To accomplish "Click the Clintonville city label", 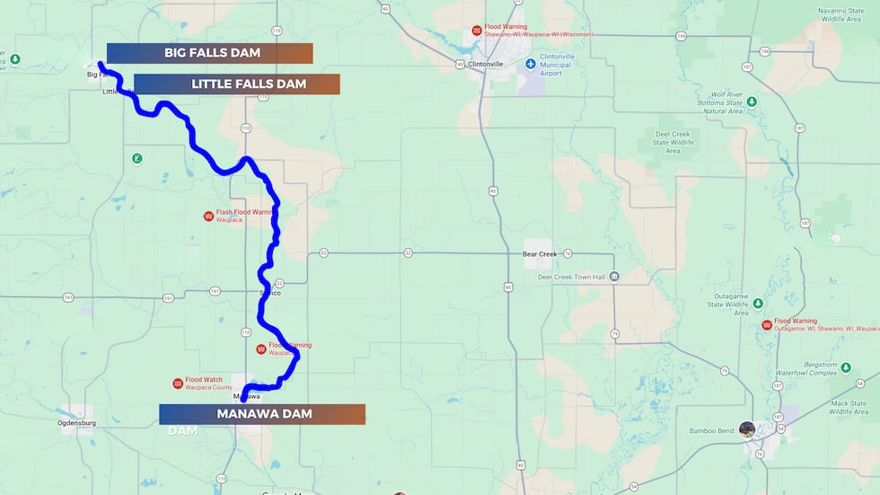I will [485, 64].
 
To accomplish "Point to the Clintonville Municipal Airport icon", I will [530, 64].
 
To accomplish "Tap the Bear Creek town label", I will [541, 254].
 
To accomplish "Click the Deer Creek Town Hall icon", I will [614, 277].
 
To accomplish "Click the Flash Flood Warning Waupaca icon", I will [208, 216].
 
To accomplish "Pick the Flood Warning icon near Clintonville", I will [477, 31].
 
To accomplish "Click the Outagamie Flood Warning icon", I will [766, 324].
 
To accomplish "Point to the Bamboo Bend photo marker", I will [746, 429].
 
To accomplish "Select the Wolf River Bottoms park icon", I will [752, 102].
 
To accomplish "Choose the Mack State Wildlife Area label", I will [849, 408].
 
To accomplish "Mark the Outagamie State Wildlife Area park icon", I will [757, 303].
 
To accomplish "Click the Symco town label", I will [269, 293].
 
